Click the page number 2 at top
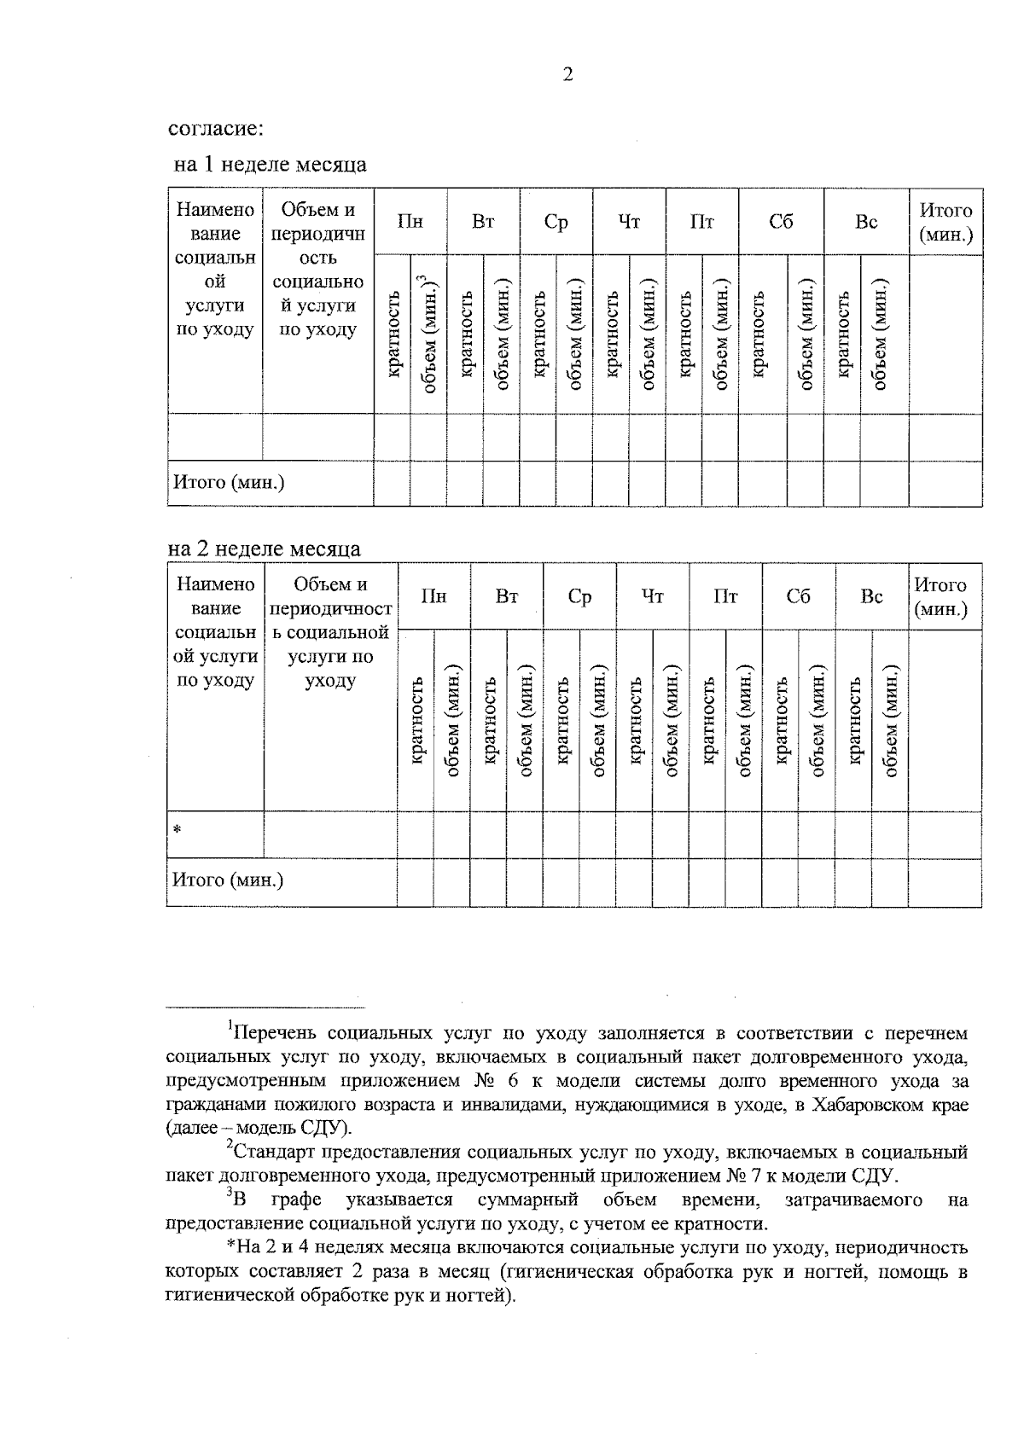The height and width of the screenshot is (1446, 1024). pyautogui.click(x=568, y=75)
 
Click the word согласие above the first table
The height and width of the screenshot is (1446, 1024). pyautogui.click(x=215, y=129)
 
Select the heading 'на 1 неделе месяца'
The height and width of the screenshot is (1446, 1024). pyautogui.click(x=271, y=164)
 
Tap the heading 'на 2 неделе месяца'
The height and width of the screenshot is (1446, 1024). pyautogui.click(x=264, y=549)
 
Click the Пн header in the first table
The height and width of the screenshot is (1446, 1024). pyautogui.click(x=410, y=222)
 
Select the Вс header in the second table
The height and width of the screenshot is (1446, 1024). pyautogui.click(x=871, y=596)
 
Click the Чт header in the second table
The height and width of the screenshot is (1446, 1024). pyautogui.click(x=652, y=596)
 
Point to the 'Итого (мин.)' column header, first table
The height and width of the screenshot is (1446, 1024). pyautogui.click(x=945, y=222)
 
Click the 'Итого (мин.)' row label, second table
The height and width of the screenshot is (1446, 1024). pyautogui.click(x=228, y=880)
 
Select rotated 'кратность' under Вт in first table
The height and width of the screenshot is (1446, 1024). pyautogui.click(x=466, y=333)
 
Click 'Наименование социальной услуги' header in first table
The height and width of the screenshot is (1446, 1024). pyautogui.click(x=215, y=270)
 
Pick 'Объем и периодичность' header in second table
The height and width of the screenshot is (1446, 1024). pyautogui.click(x=330, y=631)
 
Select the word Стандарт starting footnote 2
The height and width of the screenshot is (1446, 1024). pyautogui.click(x=271, y=1153)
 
